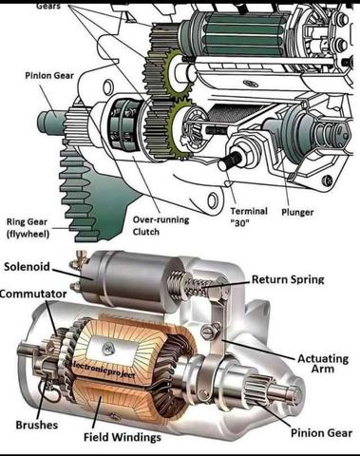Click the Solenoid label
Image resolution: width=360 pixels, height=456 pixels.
click(27, 266)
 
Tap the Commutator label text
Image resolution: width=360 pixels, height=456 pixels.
click(33, 294)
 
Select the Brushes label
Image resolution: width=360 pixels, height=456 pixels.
click(37, 425)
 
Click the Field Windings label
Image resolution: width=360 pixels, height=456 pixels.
click(123, 437)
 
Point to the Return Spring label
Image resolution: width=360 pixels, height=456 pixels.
click(288, 279)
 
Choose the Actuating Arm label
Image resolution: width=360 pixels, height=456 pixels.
click(323, 364)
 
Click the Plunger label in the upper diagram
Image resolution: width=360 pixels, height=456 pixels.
click(297, 212)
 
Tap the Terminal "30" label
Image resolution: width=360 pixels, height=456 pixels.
click(249, 217)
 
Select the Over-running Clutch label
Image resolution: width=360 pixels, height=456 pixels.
click(161, 225)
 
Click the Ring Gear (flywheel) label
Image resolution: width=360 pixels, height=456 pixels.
click(28, 228)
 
